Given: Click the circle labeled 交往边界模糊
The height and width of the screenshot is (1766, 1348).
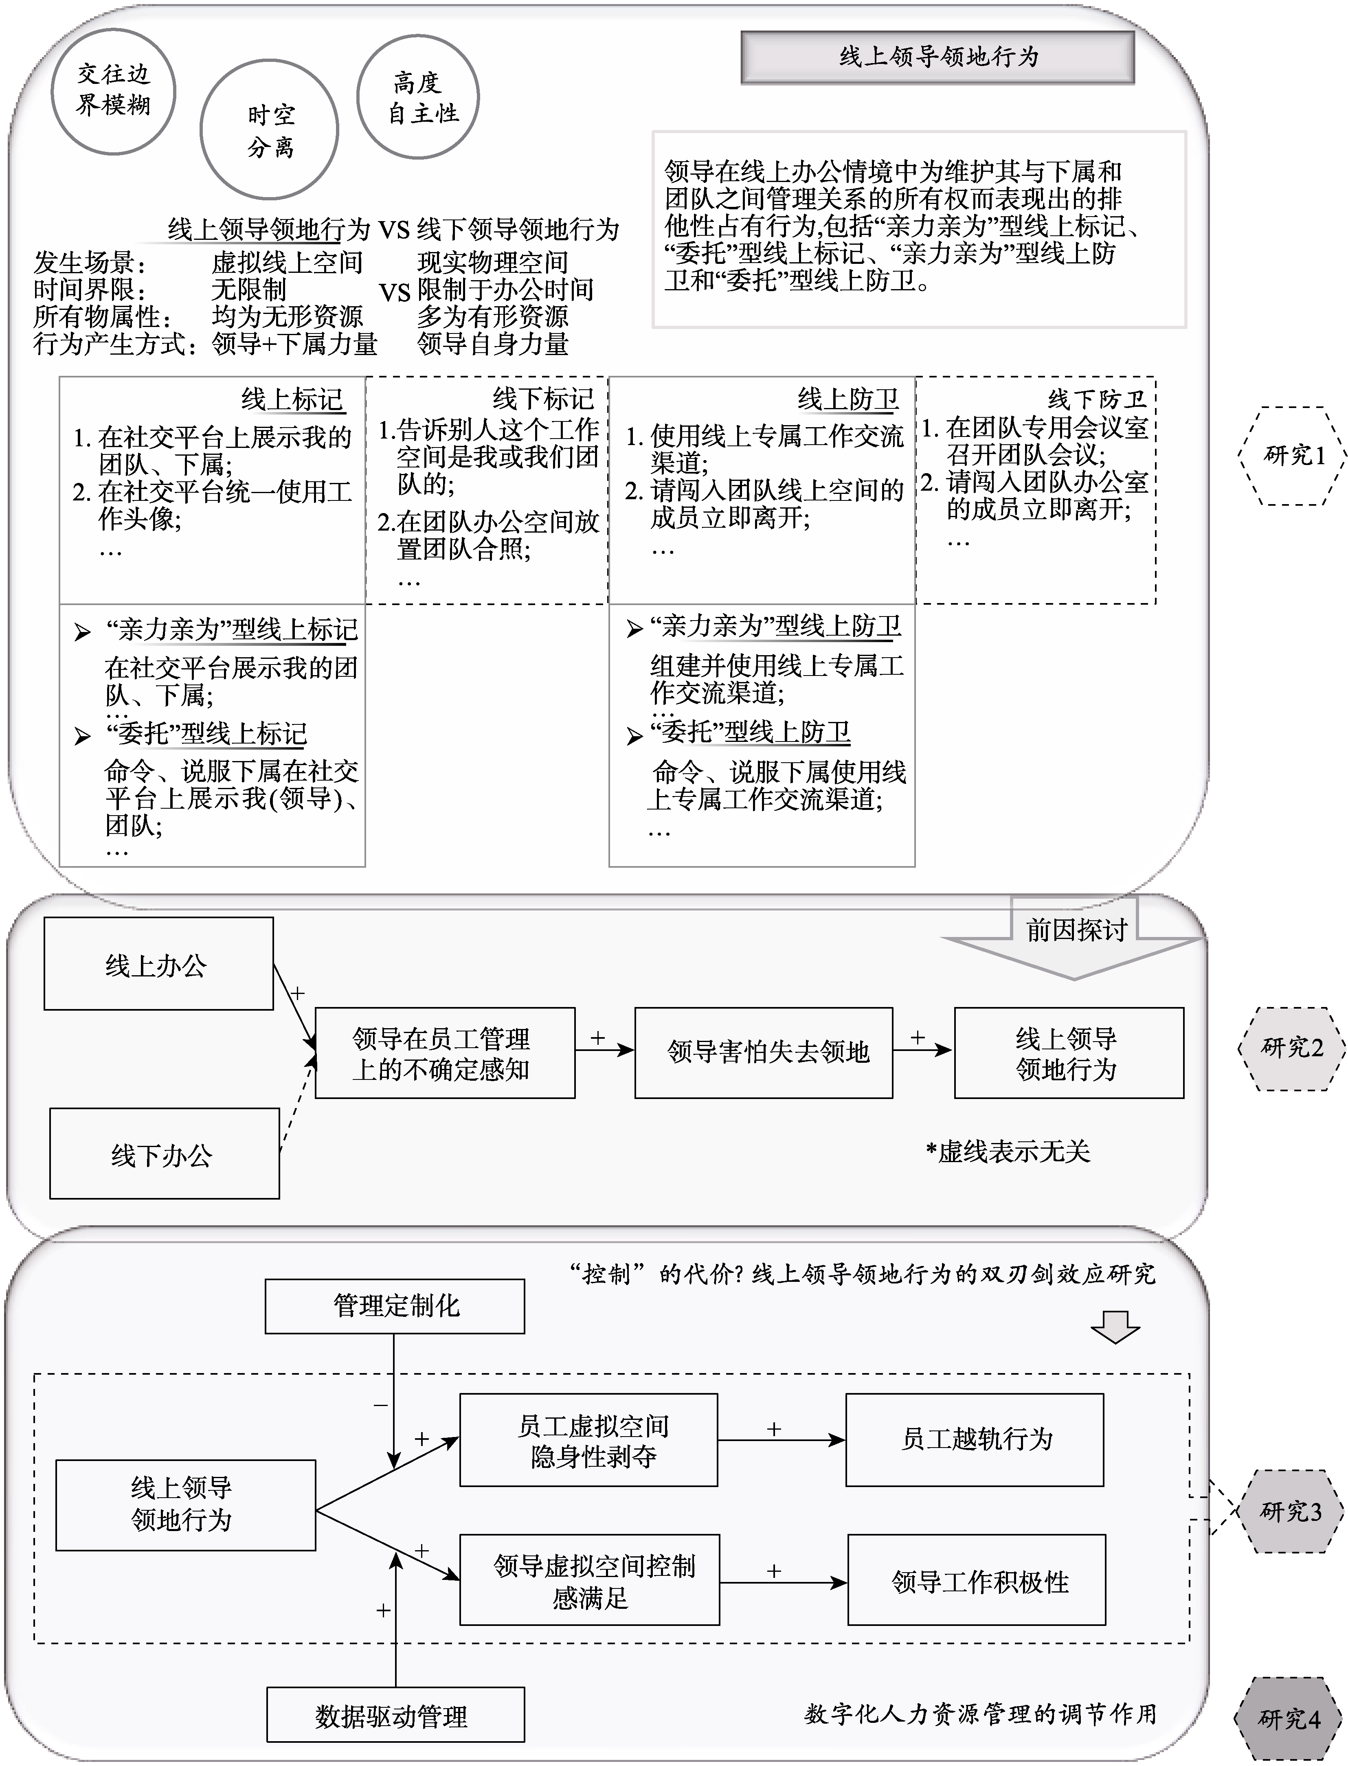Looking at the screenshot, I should point(113,91).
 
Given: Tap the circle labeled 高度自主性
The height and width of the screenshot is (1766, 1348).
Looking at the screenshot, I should point(418,96).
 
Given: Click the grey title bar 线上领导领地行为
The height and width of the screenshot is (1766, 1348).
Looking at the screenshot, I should point(937,57).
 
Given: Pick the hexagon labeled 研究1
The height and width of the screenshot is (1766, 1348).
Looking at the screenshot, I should point(1292,456).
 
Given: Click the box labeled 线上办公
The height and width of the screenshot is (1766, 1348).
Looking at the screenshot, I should point(158,964).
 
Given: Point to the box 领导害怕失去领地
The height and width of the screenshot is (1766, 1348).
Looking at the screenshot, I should point(763,1052).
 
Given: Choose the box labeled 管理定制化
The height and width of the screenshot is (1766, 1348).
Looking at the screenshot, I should point(395,1305).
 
